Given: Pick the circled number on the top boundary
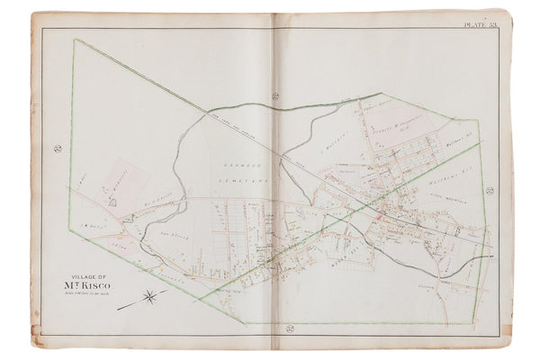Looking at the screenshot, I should click(278, 95).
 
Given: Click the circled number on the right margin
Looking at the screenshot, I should click(491, 190).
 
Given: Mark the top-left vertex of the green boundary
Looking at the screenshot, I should click(76, 40).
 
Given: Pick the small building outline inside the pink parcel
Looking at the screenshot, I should click(113, 203).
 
